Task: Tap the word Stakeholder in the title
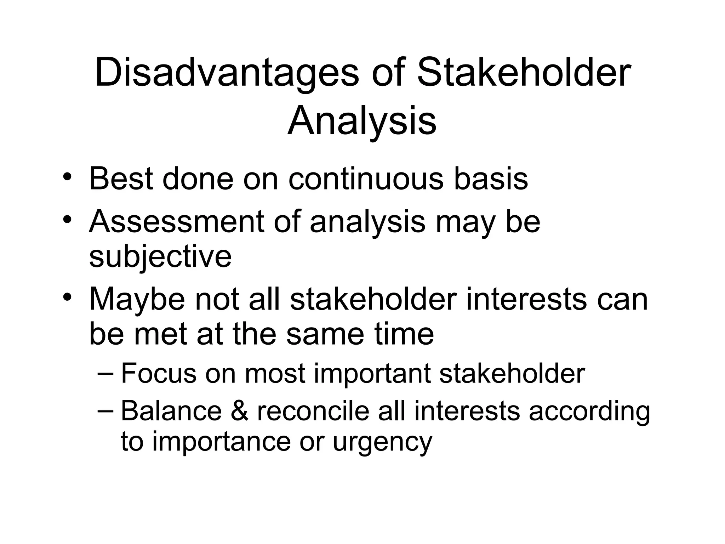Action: (x=524, y=74)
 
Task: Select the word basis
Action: (x=491, y=178)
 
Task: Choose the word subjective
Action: (x=160, y=257)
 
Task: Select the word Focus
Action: (x=158, y=373)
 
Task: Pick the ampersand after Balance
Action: (x=239, y=411)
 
